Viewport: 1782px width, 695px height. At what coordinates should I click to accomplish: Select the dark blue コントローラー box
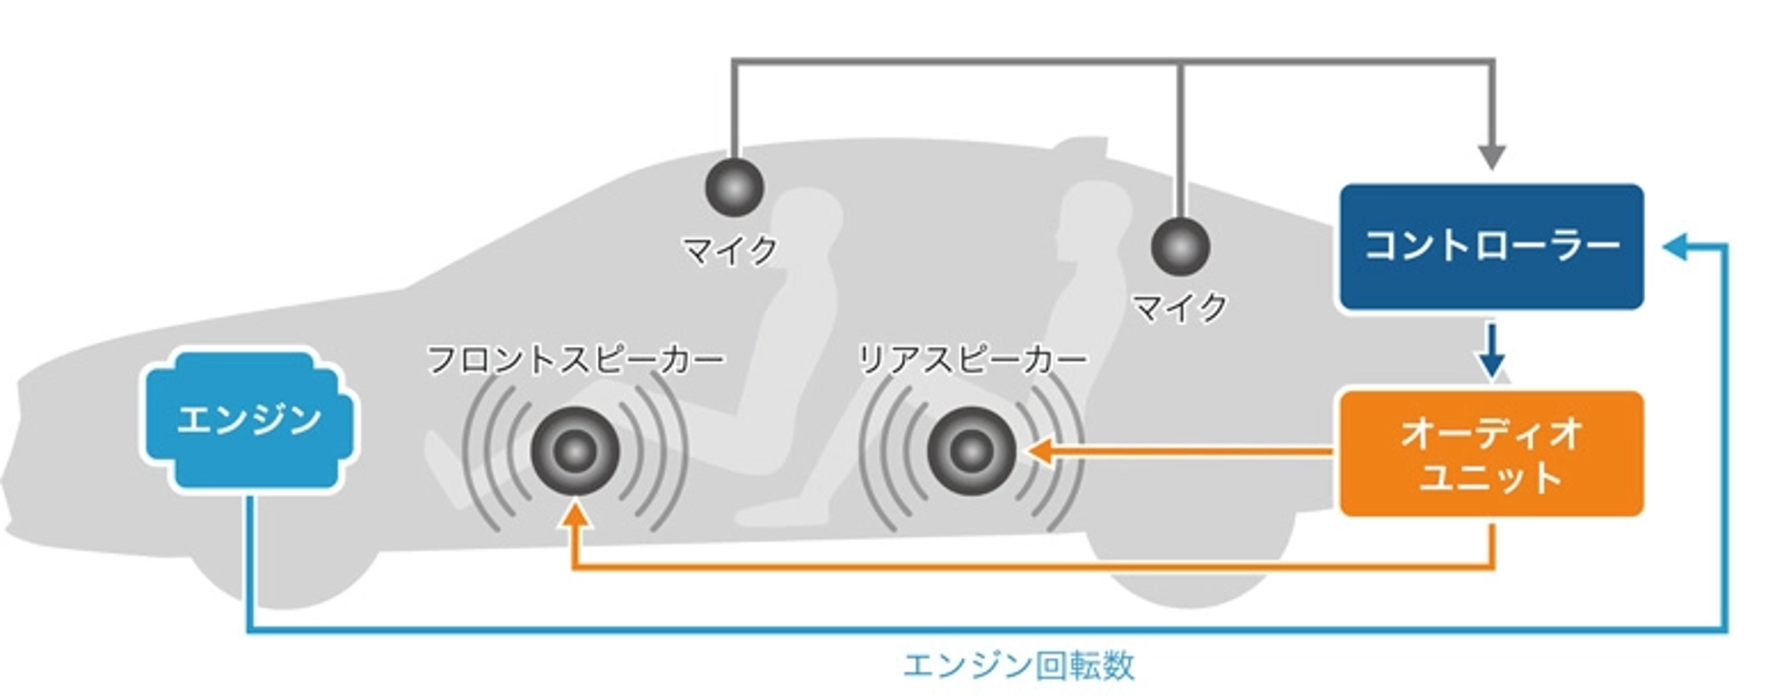[1491, 246]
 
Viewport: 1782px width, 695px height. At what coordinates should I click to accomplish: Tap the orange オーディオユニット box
[1491, 453]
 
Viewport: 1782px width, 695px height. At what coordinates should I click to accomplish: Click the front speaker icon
[575, 450]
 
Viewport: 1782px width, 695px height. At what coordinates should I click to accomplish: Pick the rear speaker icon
[971, 450]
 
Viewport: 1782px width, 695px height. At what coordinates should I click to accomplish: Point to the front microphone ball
[734, 187]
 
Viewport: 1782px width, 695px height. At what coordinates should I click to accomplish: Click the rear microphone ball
[1180, 246]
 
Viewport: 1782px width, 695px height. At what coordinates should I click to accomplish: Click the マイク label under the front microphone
[730, 251]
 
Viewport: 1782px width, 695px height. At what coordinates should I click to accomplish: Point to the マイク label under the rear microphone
[1180, 307]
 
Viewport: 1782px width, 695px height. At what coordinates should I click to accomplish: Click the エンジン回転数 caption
[1019, 665]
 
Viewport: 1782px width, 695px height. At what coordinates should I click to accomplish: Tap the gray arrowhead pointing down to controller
[1491, 157]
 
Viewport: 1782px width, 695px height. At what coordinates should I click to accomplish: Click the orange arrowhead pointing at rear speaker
[1039, 451]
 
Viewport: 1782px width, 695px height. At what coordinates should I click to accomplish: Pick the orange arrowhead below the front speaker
[575, 515]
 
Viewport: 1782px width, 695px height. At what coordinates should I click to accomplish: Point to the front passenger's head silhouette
[807, 216]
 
